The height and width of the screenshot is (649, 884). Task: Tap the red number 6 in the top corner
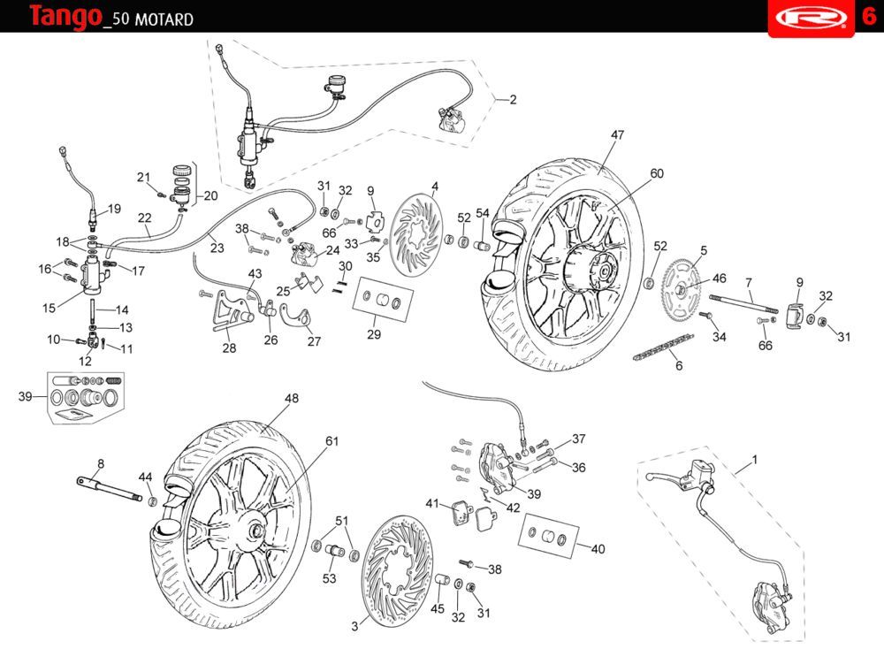(x=868, y=17)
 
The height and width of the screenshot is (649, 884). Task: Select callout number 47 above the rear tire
(x=617, y=135)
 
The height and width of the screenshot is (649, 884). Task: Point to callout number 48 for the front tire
(x=292, y=399)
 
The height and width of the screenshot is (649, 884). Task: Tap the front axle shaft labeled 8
(x=110, y=489)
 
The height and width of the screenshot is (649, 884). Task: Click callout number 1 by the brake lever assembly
(x=754, y=460)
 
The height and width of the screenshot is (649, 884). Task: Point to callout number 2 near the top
(x=513, y=100)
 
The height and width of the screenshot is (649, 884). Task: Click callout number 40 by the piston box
(x=598, y=549)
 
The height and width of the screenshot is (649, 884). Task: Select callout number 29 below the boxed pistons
(x=374, y=335)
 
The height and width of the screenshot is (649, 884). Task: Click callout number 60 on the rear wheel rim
(x=657, y=174)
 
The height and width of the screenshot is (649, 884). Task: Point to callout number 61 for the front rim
(x=332, y=441)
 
